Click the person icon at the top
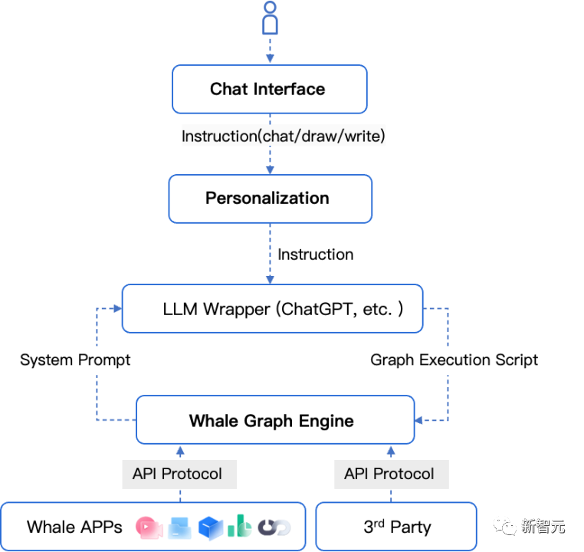[269, 18]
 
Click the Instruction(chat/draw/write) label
[284, 136]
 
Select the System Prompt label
[75, 360]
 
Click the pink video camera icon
[148, 527]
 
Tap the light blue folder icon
[179, 527]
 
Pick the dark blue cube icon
[210, 527]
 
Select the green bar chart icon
[240, 526]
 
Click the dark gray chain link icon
[274, 527]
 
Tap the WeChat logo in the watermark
[505, 526]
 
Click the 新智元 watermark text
[543, 526]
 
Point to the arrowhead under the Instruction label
[270, 170]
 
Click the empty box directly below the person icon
[270, 89]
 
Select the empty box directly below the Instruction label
[271, 199]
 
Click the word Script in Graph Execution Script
[517, 360]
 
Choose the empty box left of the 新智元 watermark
[395, 527]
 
